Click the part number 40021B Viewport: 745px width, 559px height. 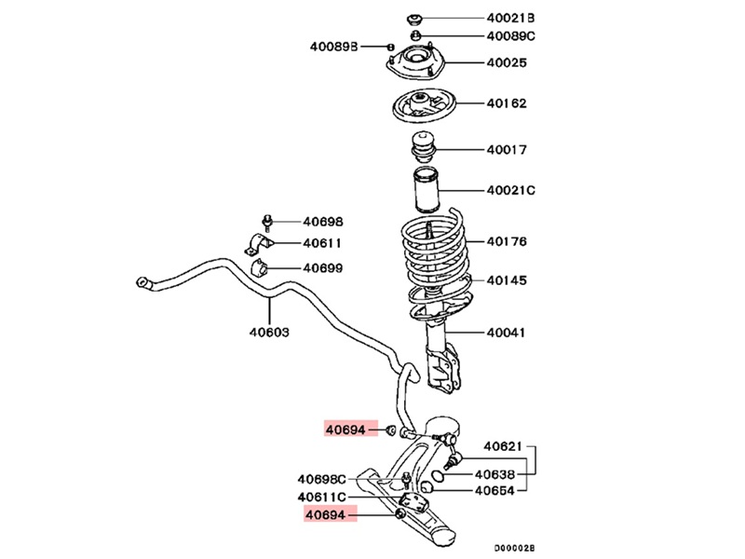pos(511,18)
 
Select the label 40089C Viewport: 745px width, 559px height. pos(511,36)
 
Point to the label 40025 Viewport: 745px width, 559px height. pos(506,63)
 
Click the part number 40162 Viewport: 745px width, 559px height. pos(506,103)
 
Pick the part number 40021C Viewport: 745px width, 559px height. pos(511,191)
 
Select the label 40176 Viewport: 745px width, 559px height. pos(506,241)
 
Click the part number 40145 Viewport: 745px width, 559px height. pos(506,279)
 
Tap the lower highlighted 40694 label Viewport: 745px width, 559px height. pos(327,514)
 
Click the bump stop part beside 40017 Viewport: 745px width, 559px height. pos(425,150)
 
